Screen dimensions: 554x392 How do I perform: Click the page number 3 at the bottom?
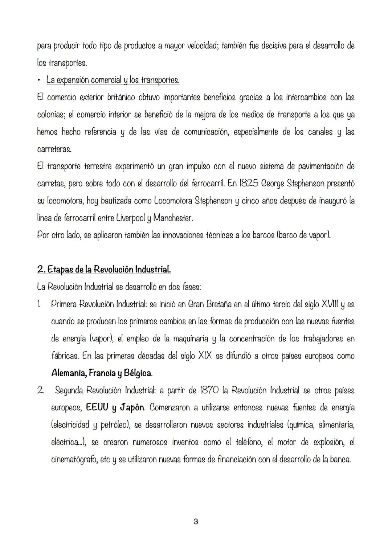coord(196,522)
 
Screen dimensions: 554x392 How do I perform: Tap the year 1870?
coord(209,390)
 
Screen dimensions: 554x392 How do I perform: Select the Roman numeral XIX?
coord(205,356)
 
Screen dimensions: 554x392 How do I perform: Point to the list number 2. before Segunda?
coord(40,391)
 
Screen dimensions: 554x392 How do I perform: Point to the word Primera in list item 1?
coord(64,304)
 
